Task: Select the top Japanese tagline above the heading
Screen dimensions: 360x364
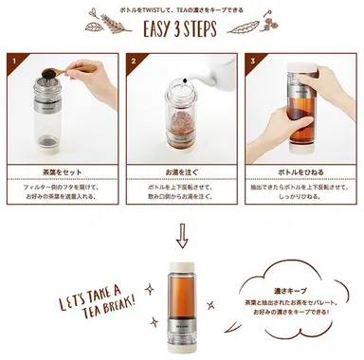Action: [182, 8]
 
